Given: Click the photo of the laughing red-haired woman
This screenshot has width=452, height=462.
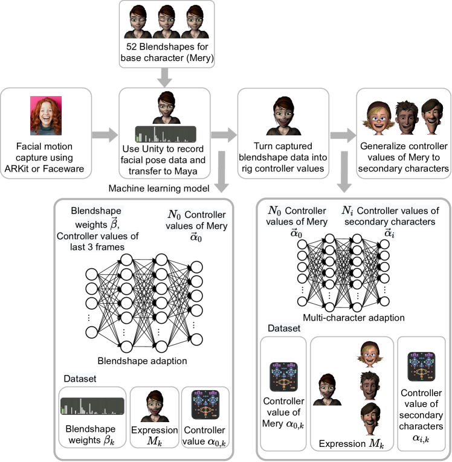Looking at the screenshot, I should (x=47, y=116).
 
